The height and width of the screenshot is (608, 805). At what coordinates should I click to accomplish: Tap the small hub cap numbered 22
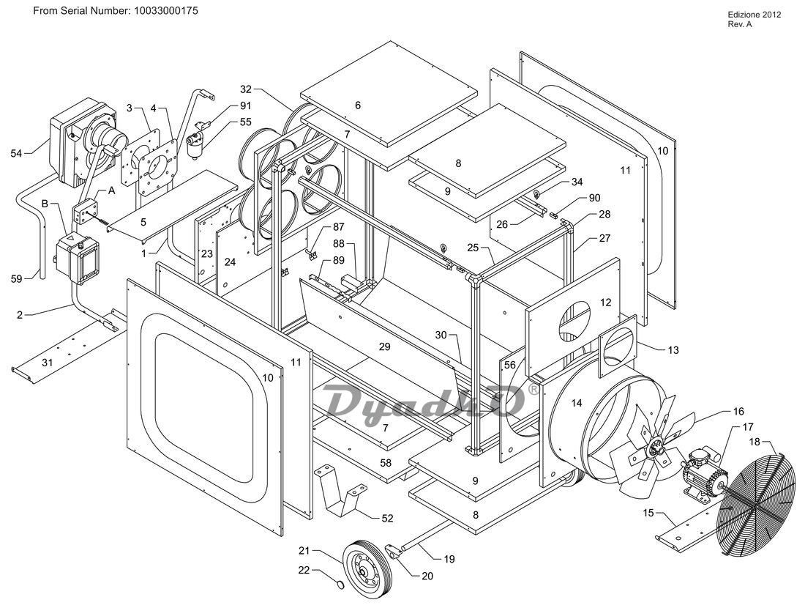[x=340, y=585]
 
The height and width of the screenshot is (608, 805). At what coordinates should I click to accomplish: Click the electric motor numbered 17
[x=704, y=473]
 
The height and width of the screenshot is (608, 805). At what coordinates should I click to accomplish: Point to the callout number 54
[x=16, y=152]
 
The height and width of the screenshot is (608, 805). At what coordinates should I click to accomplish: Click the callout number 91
[x=246, y=106]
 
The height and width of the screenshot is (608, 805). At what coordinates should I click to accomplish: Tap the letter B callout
[x=45, y=204]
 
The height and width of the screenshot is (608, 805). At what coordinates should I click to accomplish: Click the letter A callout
[x=111, y=190]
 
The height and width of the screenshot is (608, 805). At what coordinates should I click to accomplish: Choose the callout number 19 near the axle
[x=449, y=559]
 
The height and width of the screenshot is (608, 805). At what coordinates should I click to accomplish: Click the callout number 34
[x=577, y=182]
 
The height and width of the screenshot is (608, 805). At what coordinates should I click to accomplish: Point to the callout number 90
[x=594, y=198]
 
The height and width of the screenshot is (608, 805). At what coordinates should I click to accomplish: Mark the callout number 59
[x=16, y=278]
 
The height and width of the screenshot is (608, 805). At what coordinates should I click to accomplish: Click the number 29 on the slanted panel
[x=384, y=347]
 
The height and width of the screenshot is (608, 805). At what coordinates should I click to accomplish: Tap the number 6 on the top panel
[x=358, y=105]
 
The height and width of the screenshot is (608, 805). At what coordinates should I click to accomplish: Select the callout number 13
[x=673, y=350]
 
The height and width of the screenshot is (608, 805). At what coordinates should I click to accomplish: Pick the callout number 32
[x=246, y=89]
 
